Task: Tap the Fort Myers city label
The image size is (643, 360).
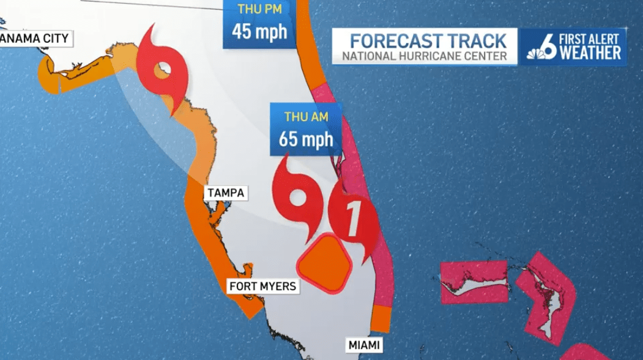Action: click(262, 286)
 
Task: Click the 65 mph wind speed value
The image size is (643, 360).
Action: click(306, 139)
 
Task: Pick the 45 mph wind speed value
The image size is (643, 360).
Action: click(259, 31)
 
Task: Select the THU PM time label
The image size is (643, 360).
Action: click(259, 9)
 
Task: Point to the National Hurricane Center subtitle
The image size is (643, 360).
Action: click(424, 56)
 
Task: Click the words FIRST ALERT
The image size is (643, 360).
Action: click(590, 39)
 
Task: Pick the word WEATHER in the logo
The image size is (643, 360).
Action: click(590, 53)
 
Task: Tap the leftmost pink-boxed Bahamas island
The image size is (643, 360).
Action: click(474, 282)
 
